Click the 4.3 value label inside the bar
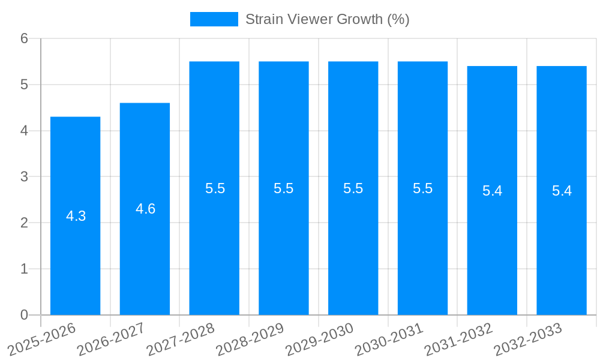coord(76,216)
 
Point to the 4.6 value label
coord(145,209)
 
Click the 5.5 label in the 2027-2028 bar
coord(215,188)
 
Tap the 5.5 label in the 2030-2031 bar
coord(422,188)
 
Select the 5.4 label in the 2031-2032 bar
coord(492,191)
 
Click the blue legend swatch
coord(214,19)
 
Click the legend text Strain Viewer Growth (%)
coord(327,19)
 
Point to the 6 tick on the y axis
coord(24,38)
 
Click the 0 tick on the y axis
coord(24,315)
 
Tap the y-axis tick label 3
coord(24,177)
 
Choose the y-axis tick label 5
coord(24,85)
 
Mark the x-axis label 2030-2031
coord(391,339)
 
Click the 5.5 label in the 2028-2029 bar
coord(283,188)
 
